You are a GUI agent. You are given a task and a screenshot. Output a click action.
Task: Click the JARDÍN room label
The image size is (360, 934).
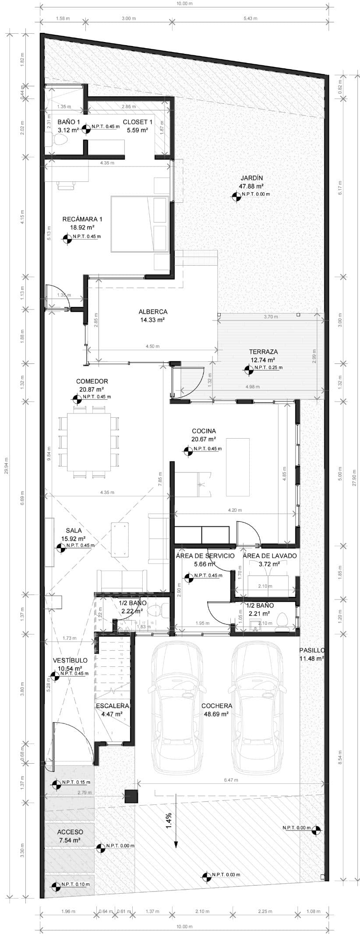[x=251, y=178]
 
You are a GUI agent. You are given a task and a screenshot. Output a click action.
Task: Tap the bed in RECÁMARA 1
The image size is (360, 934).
[x=139, y=224]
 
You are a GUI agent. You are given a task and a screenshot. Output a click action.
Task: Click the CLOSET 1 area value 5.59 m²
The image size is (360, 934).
[x=137, y=130]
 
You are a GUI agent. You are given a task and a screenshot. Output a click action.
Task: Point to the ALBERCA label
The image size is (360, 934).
[x=153, y=312]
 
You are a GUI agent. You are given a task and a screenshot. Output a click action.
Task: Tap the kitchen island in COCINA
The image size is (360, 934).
[x=238, y=466]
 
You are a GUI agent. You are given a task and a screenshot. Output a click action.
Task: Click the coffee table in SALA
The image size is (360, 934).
[x=120, y=539]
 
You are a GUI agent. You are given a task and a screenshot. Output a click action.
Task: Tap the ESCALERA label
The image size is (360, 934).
[x=113, y=706]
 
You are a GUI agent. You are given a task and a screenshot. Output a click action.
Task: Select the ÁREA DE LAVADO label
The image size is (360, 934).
[x=270, y=556]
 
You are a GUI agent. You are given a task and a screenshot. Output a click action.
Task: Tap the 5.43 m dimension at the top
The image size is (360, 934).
[x=250, y=18]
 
